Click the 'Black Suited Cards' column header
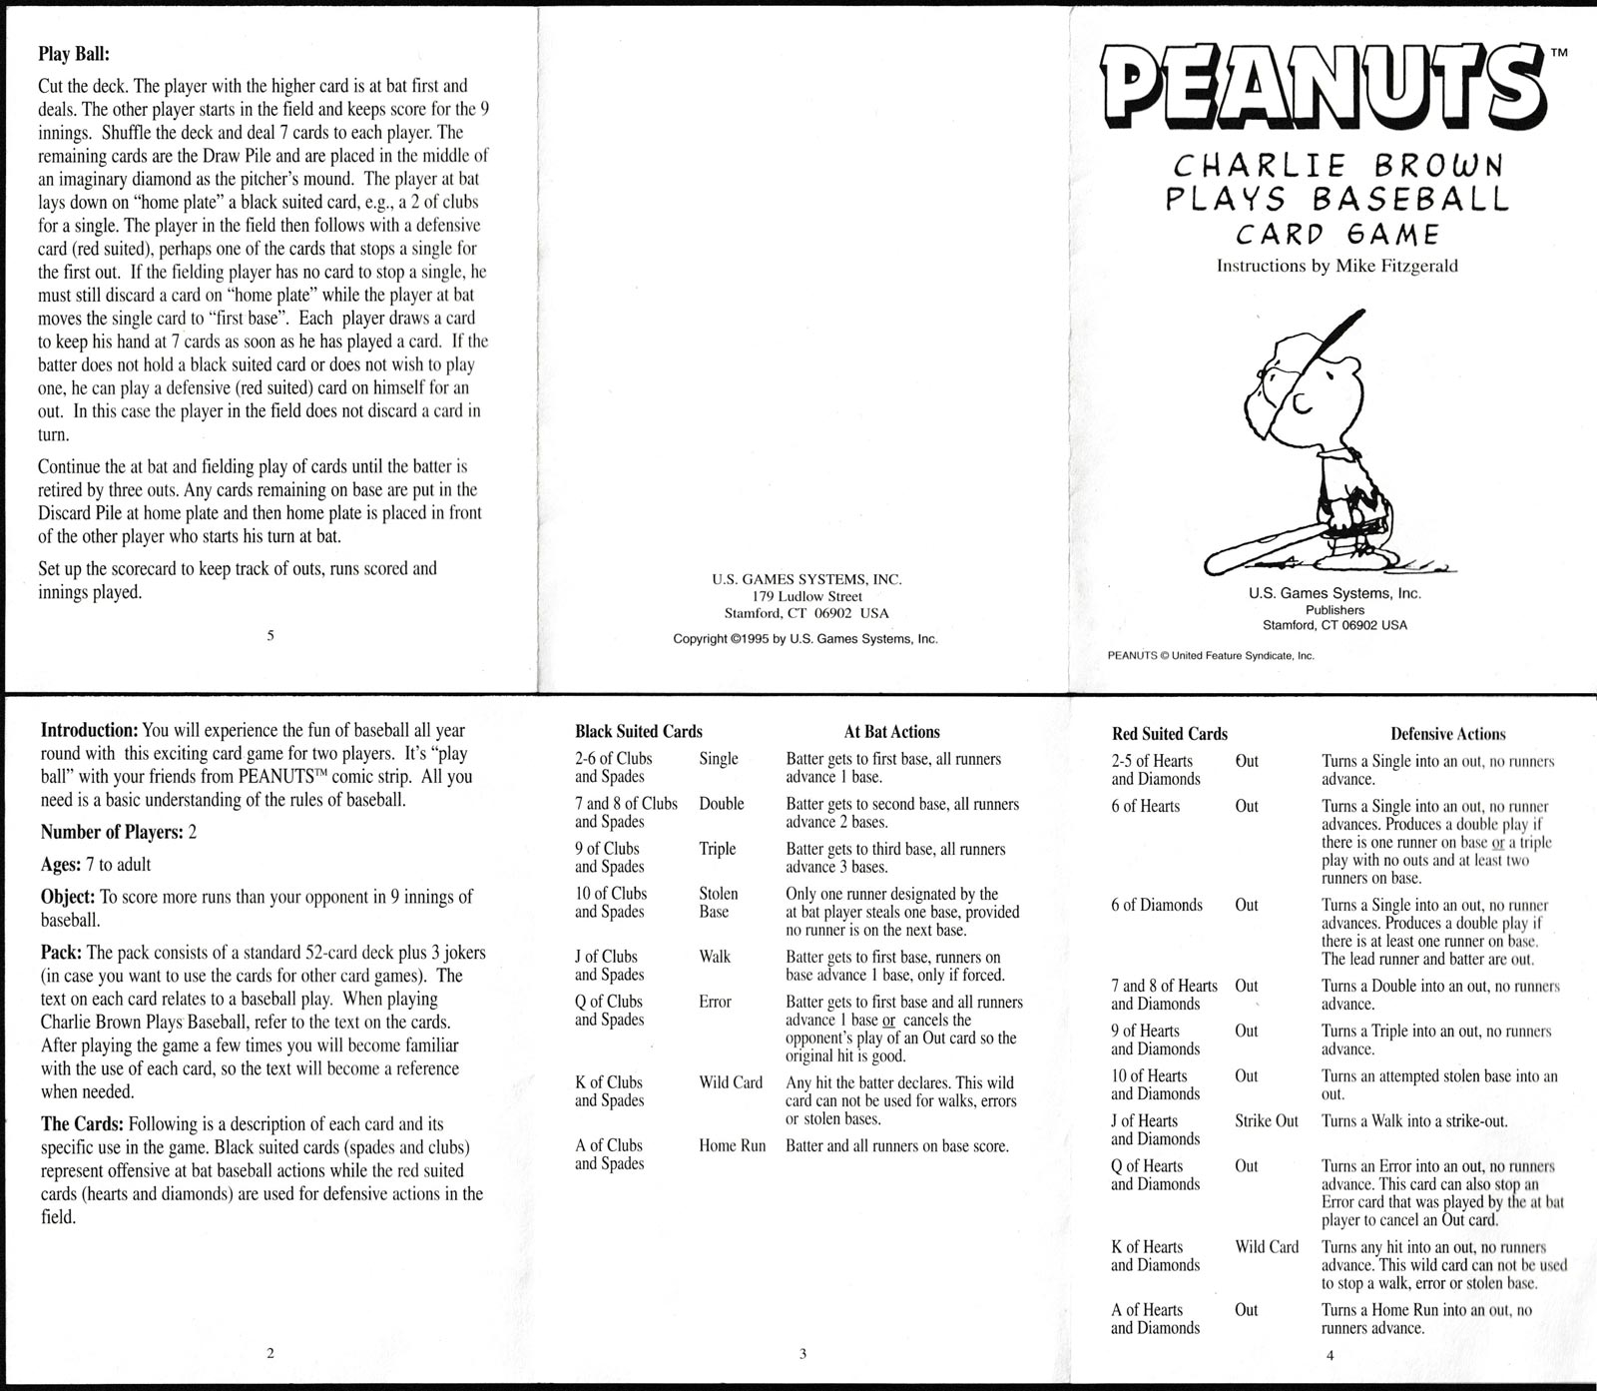pyautogui.click(x=639, y=732)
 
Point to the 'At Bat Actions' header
pyautogui.click(x=891, y=732)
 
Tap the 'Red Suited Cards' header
pyautogui.click(x=1169, y=734)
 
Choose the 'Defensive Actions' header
pyautogui.click(x=1447, y=734)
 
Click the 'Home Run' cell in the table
pyautogui.click(x=732, y=1145)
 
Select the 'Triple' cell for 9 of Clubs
pyautogui.click(x=717, y=849)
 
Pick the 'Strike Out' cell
pyautogui.click(x=1266, y=1120)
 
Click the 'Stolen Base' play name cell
pyautogui.click(x=718, y=903)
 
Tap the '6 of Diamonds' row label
pyautogui.click(x=1157, y=905)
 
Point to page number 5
pyautogui.click(x=270, y=634)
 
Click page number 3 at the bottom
pyautogui.click(x=802, y=1354)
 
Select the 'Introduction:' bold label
pyautogui.click(x=89, y=731)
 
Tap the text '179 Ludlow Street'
pyautogui.click(x=806, y=596)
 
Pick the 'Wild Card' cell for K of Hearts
pyautogui.click(x=1267, y=1246)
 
